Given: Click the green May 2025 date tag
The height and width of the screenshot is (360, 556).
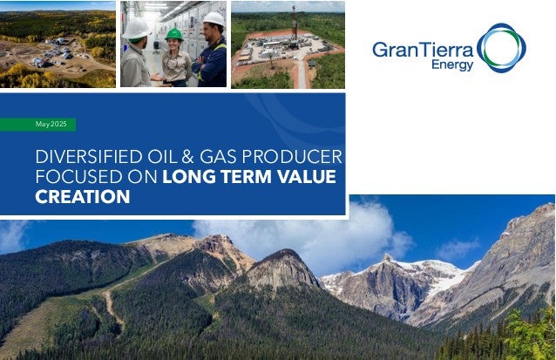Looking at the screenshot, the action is point(37,125).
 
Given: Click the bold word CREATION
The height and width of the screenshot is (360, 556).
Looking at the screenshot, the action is point(83,197).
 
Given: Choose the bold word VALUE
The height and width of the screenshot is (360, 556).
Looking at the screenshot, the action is point(307,177).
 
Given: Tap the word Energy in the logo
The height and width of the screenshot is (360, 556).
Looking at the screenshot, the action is point(452,65).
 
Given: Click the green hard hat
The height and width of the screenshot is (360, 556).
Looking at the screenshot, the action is point(174,34).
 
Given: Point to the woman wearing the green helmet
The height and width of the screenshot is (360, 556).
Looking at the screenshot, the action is point(175,58).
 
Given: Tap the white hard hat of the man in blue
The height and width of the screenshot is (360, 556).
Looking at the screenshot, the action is point(214,19).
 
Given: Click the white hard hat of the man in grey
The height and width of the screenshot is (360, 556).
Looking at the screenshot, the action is point(137,29).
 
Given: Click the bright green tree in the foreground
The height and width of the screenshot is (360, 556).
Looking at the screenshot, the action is point(528,336).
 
